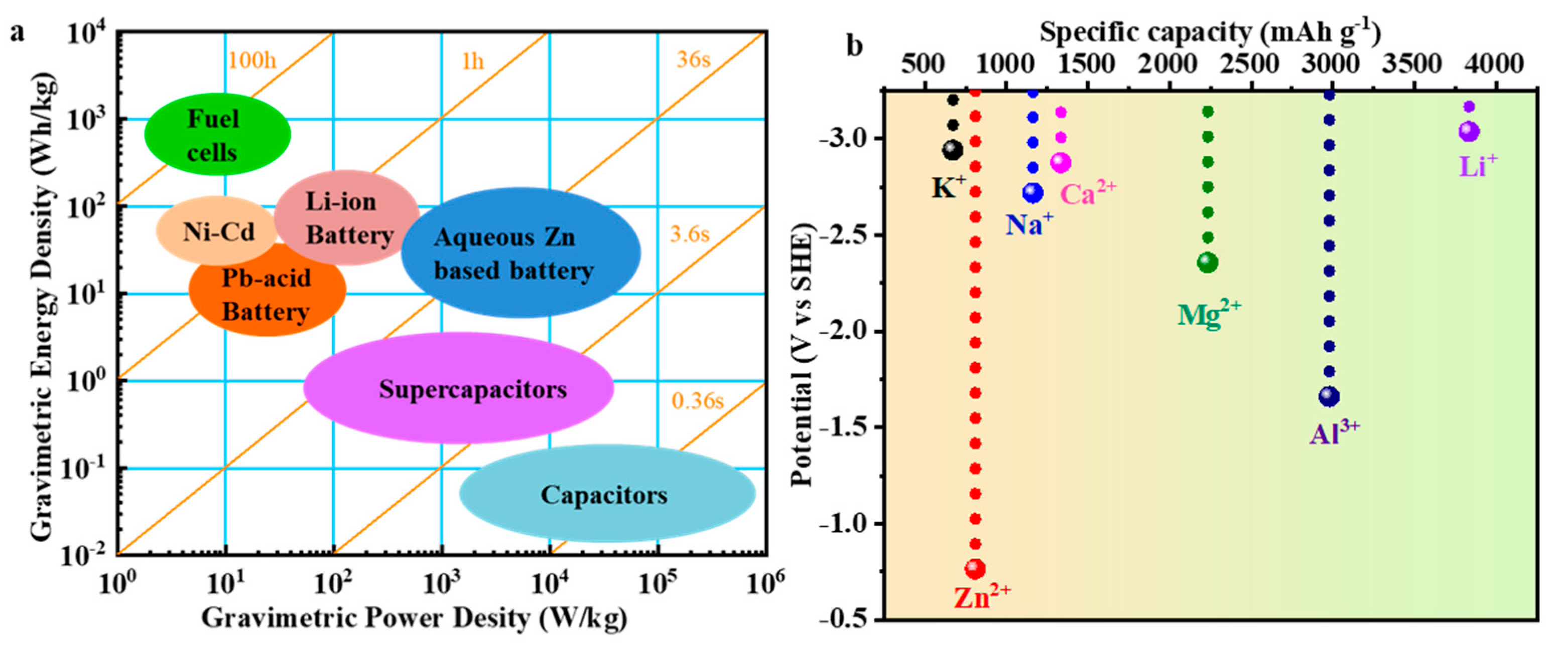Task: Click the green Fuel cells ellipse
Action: pos(217,134)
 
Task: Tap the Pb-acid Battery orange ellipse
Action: pos(267,296)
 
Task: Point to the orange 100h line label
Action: pos(251,60)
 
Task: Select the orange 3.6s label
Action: pos(690,234)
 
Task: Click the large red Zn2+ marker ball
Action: pos(975,568)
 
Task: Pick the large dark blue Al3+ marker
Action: pos(1329,396)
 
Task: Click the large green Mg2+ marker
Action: pos(1207,262)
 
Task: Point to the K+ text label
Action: pos(948,188)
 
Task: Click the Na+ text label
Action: pos(1028,225)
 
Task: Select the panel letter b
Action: pos(854,46)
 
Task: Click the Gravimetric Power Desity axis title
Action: pos(414,618)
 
